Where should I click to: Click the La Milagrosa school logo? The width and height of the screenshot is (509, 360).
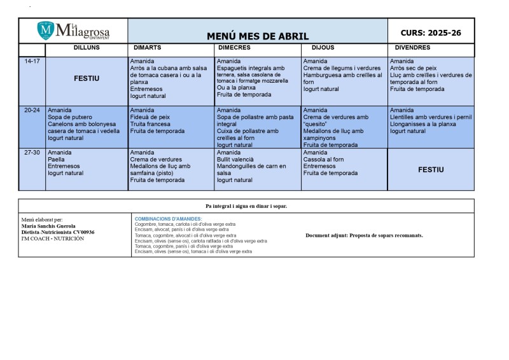point(73,31)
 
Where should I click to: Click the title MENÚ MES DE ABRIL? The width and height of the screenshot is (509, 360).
point(258,36)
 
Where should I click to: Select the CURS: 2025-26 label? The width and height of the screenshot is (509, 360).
point(431,32)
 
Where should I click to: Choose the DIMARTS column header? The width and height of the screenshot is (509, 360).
point(147,48)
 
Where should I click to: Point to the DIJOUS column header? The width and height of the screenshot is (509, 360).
point(323,48)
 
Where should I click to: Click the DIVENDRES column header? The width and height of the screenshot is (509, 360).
point(412,48)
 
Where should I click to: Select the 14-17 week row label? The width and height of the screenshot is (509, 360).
point(32,61)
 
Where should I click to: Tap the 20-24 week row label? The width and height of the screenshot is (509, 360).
point(32,110)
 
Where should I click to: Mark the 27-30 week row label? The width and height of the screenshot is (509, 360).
point(32,153)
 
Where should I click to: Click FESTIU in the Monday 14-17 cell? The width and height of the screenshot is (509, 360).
point(87,79)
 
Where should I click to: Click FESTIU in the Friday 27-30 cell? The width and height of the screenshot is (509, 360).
point(431,170)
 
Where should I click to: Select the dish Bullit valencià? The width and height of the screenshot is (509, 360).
point(235,160)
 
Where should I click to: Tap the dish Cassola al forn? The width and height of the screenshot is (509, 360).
point(323,160)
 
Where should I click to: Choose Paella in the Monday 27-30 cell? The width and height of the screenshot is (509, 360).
point(57,160)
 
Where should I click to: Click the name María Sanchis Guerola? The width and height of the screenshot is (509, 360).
point(48,226)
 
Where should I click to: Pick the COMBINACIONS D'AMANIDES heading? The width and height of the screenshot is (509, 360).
point(168,219)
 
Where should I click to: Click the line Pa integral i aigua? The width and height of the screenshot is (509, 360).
point(246,206)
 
